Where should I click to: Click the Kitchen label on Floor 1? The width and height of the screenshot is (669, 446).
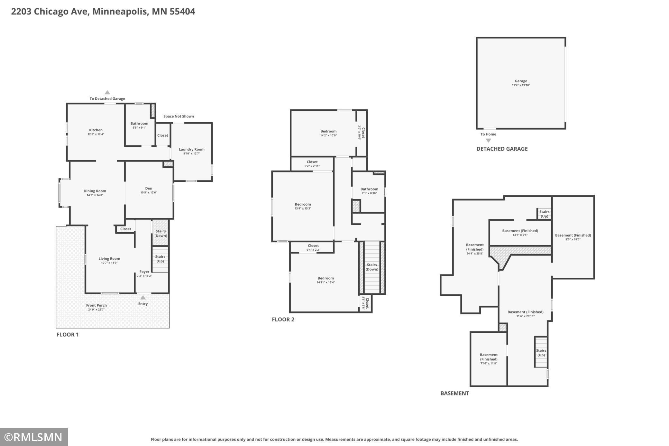click(x=96, y=130)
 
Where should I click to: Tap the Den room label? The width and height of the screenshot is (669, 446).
click(x=149, y=188)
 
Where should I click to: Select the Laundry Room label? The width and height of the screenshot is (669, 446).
click(x=192, y=149)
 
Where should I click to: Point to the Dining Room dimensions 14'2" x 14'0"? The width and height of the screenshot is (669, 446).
click(x=95, y=195)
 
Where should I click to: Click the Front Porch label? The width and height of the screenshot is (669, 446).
click(x=96, y=305)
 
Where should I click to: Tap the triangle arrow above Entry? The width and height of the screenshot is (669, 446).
click(x=143, y=298)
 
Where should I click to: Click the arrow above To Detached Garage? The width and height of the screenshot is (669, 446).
click(x=107, y=92)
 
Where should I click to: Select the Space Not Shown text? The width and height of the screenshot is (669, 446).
click(x=179, y=116)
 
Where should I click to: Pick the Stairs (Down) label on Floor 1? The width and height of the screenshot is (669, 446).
click(x=161, y=233)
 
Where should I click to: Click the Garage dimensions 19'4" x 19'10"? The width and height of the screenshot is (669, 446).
click(x=521, y=85)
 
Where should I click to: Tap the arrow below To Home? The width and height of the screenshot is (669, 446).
click(x=489, y=141)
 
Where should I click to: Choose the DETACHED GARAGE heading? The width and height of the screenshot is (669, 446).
click(x=502, y=149)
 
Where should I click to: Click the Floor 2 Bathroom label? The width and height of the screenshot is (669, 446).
click(x=369, y=189)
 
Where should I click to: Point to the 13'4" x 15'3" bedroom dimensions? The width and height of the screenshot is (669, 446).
click(x=303, y=209)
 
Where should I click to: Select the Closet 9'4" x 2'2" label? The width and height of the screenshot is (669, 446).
click(x=313, y=247)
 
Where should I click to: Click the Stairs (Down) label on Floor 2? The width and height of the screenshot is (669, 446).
click(x=372, y=267)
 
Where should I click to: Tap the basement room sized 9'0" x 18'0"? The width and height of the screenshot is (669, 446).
click(x=573, y=237)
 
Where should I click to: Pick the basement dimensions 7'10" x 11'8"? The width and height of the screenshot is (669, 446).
click(x=489, y=363)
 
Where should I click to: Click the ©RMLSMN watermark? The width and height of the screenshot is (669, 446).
click(x=34, y=437)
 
